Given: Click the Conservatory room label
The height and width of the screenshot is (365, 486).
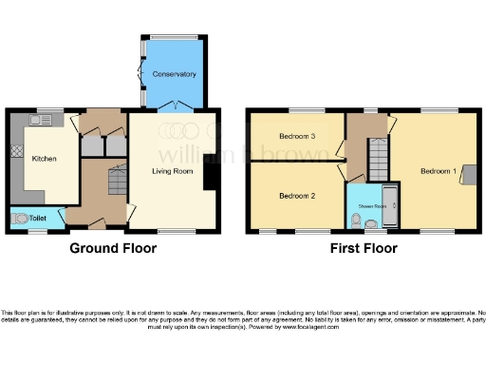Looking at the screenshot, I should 175,73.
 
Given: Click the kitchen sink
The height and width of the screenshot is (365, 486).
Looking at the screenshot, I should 39,122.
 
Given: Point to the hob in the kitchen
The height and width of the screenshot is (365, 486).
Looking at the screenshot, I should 17,151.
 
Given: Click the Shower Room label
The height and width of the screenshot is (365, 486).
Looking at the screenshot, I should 371,205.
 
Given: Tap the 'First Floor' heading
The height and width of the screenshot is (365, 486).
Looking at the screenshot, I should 364,248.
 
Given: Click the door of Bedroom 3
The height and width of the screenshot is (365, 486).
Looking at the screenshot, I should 335,152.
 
